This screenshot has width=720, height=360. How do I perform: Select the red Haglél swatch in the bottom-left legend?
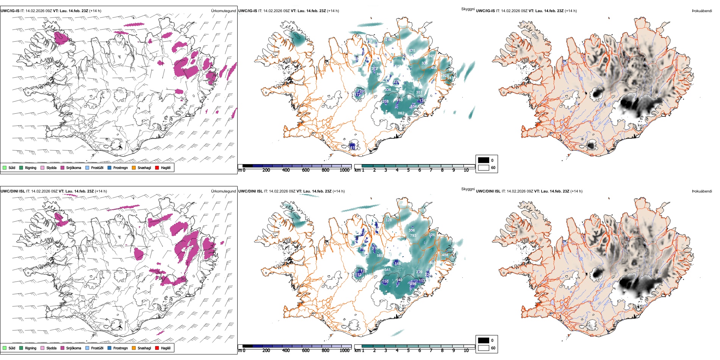pos(157,348)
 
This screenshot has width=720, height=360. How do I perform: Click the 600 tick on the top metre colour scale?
pos(305,170)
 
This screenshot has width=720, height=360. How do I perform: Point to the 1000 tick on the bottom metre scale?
pos(344,351)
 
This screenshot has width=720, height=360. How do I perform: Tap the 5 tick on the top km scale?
pos(408,170)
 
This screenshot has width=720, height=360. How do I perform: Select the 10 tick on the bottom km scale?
pos(466,351)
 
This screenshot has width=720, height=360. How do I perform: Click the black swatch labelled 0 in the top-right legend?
pos(483,160)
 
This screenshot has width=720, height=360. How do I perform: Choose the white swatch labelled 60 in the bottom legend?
pos(483,348)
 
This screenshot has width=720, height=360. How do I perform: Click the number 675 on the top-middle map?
pos(412,51)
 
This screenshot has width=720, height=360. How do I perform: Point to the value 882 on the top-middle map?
pos(401,113)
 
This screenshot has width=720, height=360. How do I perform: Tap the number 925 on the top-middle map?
pos(432,56)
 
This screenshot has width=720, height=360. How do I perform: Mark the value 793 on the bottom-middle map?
pos(413,236)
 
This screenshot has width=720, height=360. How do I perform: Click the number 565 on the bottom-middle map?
pos(380,256)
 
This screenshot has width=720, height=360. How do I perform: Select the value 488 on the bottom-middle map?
pos(445,255)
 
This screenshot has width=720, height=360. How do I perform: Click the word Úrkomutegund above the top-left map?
pos(223,11)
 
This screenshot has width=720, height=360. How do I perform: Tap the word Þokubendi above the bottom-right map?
pos(702,191)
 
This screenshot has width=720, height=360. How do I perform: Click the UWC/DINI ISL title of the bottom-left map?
pos(13,191)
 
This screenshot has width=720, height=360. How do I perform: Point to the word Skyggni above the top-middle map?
pos(468,9)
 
